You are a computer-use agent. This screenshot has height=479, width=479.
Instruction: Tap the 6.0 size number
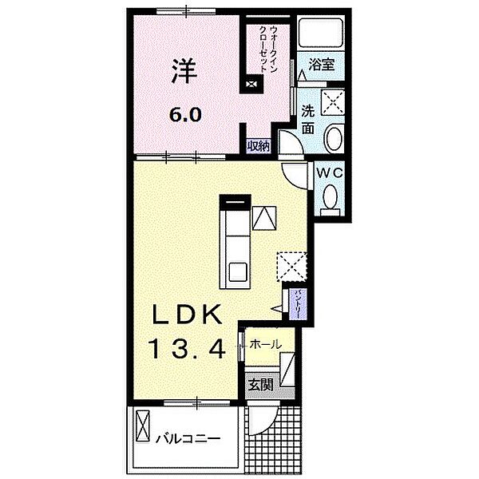point(184,114)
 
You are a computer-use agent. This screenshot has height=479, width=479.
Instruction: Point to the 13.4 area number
point(188,348)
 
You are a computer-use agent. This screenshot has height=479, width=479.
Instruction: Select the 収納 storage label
point(258,145)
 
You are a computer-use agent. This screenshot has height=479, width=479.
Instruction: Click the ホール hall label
point(265,344)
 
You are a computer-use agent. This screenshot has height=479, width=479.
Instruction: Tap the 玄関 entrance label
point(259,384)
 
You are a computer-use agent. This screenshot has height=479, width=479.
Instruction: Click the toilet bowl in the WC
point(329,196)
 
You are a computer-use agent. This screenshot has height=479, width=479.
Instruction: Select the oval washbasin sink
point(334,138)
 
